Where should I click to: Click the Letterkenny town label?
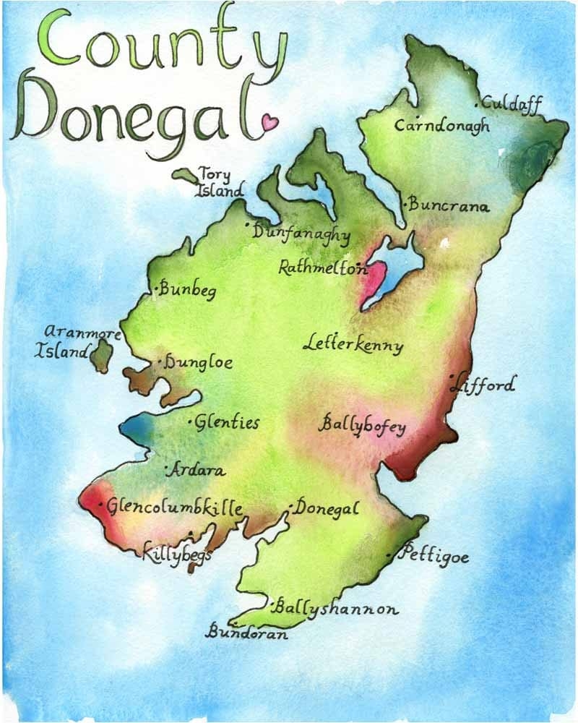(x=353, y=344)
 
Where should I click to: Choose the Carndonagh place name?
(x=442, y=125)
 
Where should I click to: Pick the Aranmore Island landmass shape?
(x=101, y=355)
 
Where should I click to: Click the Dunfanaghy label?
(x=301, y=234)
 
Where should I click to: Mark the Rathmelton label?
(x=322, y=268)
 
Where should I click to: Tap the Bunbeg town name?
(x=188, y=289)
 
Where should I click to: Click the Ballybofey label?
(x=362, y=425)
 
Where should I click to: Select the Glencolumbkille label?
(x=174, y=508)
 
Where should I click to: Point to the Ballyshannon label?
(x=337, y=609)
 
